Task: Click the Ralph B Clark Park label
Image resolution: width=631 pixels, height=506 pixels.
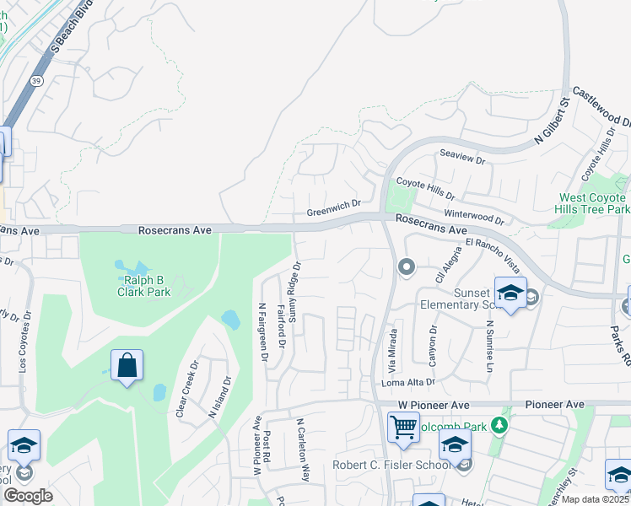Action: point(143,286)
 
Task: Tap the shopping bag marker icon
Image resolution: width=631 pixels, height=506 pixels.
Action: point(127,366)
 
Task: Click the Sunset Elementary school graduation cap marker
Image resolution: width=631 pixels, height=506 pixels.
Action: point(510,292)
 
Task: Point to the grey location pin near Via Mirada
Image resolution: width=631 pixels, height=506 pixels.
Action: point(407,267)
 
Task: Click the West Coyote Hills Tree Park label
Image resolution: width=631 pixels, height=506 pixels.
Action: point(594,203)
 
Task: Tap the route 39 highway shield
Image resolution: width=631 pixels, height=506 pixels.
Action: point(36,80)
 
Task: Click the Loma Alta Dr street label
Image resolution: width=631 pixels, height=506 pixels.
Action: point(407,382)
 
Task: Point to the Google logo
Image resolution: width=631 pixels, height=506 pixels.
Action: point(28,495)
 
